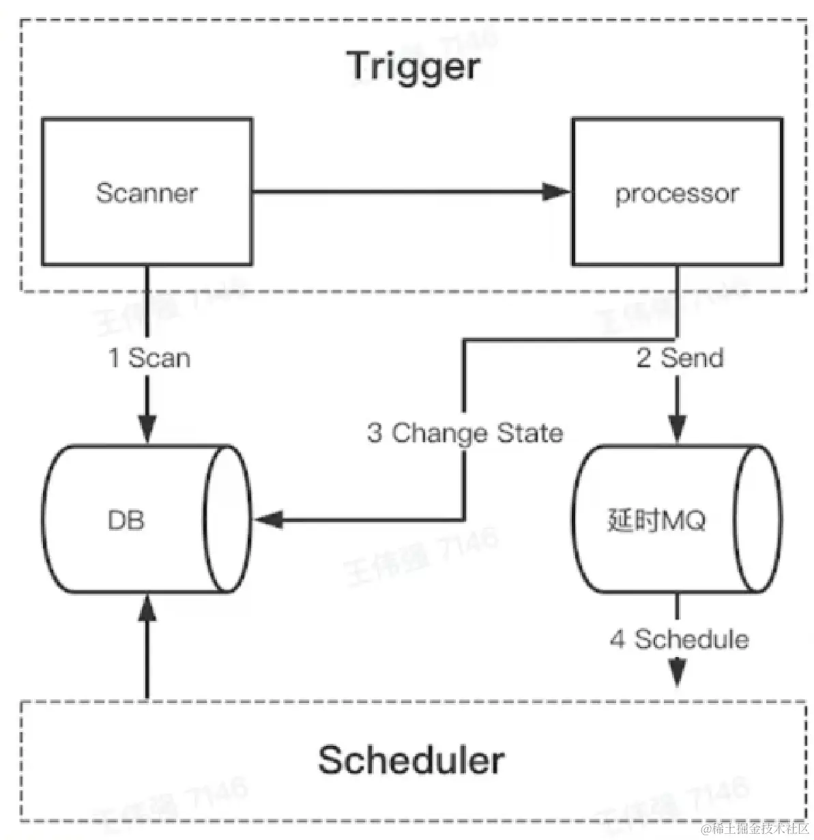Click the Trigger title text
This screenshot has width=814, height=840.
point(414,67)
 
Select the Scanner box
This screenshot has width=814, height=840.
point(147,192)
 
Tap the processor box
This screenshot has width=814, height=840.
point(677,193)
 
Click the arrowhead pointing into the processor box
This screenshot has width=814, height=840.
point(556,192)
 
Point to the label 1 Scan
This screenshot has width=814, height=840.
point(149,358)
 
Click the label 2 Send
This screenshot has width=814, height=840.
point(680,358)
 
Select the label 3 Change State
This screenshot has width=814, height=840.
point(465,433)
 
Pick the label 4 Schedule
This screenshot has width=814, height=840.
point(680,639)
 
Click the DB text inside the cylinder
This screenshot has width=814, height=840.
point(126,520)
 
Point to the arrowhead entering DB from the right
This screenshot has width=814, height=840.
point(268,520)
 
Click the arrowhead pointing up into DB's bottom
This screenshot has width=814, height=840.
point(147,607)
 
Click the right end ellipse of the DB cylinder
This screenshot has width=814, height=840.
point(227,519)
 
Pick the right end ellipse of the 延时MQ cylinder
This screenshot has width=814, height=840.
point(757,519)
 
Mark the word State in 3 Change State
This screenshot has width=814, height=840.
point(529,433)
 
